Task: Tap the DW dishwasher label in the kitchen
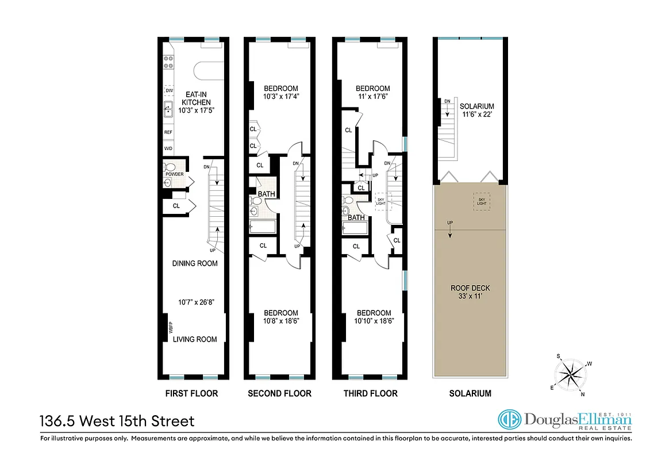(x=169, y=91)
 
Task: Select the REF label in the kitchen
(x=168, y=132)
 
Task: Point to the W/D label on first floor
(x=168, y=148)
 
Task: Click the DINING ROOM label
(x=195, y=263)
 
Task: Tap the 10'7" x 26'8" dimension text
(x=195, y=301)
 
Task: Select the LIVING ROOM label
(x=195, y=339)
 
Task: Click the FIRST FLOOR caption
(x=191, y=394)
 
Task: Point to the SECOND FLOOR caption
(x=279, y=394)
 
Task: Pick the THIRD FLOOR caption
(x=370, y=394)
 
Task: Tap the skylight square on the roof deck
(x=482, y=201)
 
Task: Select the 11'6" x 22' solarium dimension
(x=476, y=115)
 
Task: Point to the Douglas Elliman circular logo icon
(x=509, y=420)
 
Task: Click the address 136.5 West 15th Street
(x=117, y=421)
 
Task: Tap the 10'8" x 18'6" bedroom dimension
(x=281, y=321)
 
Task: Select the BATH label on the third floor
(x=356, y=217)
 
